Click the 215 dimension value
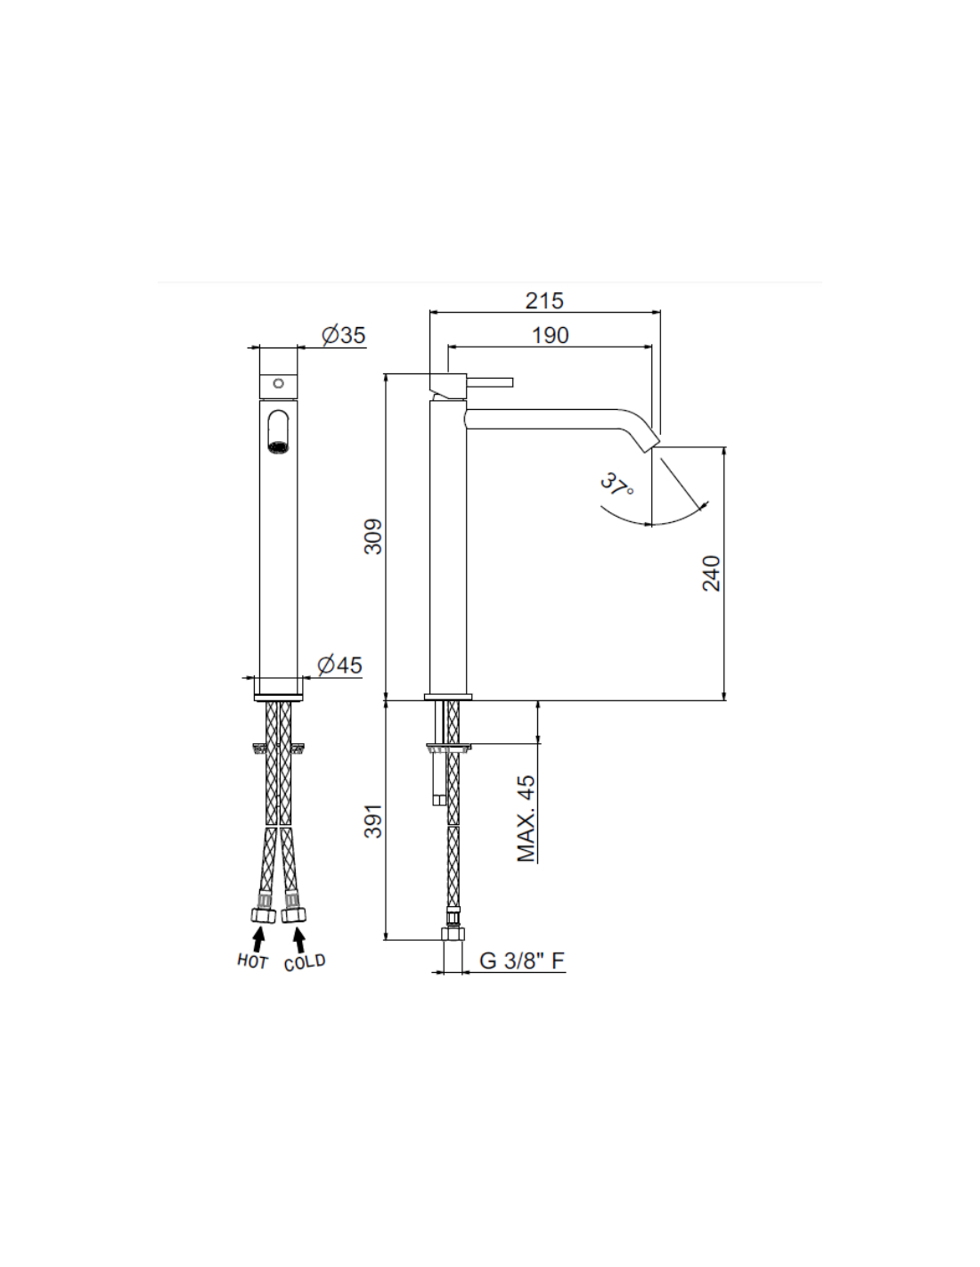tap(543, 300)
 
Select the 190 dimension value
tap(550, 335)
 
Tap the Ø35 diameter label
tap(343, 335)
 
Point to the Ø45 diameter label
tap(339, 665)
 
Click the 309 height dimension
tap(373, 536)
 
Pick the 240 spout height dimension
tap(711, 573)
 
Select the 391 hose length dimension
tap(373, 821)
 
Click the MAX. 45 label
tap(526, 818)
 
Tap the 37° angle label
tap(617, 486)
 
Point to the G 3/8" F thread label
tap(522, 960)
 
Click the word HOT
tap(252, 960)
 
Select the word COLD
tap(305, 962)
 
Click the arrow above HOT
tap(258, 939)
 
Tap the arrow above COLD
tap(299, 939)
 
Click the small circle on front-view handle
tap(278, 383)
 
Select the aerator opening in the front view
tap(279, 445)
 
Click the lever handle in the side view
tap(489, 382)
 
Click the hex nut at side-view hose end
tap(453, 934)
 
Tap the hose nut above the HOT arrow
tap(262, 915)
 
